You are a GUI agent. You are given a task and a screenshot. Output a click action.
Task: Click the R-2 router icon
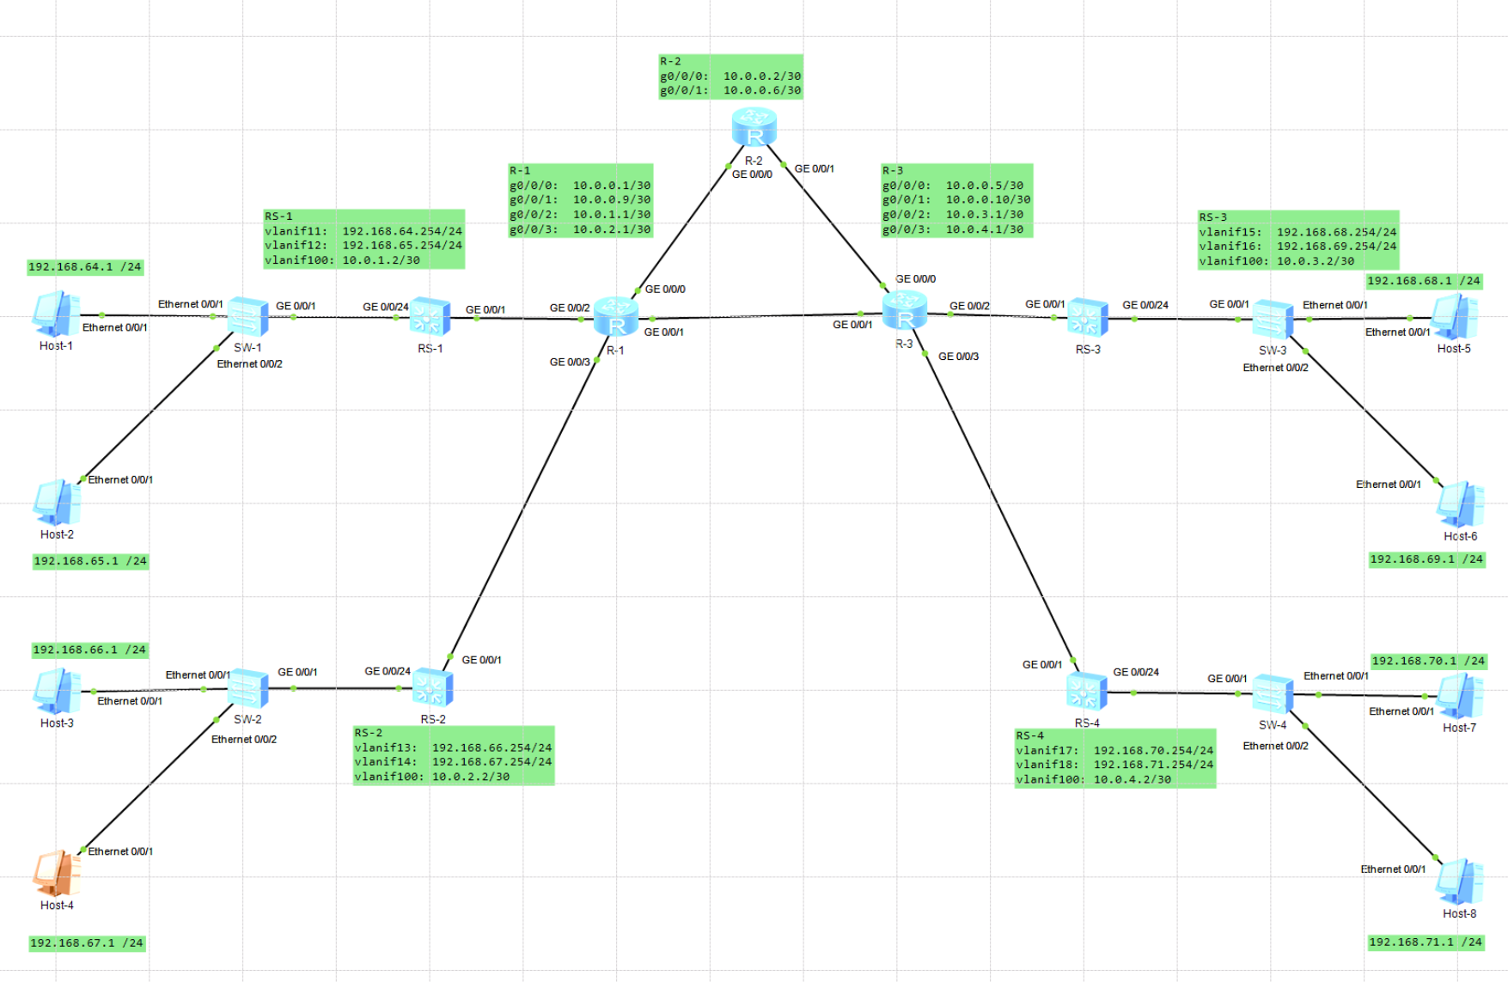(754, 127)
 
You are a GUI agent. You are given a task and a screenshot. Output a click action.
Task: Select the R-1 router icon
(616, 317)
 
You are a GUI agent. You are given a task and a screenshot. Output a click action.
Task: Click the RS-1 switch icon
(430, 317)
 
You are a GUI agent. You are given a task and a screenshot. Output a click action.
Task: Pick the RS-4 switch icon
(1086, 692)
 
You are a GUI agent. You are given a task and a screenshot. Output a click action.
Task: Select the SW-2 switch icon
(248, 688)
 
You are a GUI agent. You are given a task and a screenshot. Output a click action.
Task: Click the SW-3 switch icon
(1273, 319)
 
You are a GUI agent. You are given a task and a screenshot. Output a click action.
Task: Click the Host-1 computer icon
(56, 314)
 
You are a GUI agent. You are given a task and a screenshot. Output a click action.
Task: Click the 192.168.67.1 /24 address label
(87, 942)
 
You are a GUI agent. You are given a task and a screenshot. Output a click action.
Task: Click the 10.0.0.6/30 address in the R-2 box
(761, 90)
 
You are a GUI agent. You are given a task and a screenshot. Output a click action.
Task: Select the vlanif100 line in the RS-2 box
(431, 777)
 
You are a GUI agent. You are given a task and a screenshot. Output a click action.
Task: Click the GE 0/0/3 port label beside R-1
(570, 362)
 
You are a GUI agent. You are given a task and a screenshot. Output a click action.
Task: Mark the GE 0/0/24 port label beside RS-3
(1145, 305)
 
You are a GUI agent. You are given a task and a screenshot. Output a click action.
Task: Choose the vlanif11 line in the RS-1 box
(363, 231)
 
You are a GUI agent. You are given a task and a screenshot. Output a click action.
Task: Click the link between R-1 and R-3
(756, 317)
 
